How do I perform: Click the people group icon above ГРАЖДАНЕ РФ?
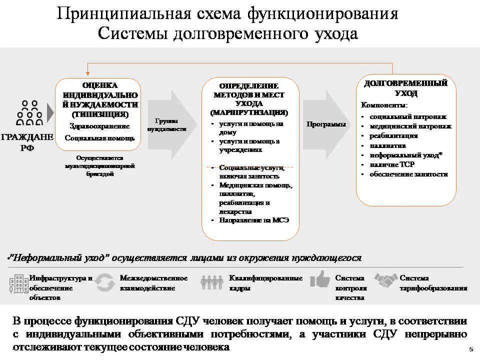[x=29, y=112]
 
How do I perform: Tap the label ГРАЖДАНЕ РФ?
[x=26, y=142]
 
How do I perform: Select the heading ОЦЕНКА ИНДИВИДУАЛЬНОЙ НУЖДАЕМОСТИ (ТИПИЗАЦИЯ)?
[x=100, y=99]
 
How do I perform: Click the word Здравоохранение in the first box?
[x=99, y=126]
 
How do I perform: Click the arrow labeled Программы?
[x=325, y=124]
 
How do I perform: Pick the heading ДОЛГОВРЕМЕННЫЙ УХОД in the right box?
[x=405, y=88]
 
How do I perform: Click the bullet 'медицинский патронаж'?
[x=410, y=126]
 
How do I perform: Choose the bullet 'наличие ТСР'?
[x=392, y=164]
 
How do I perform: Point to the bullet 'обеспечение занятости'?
[x=408, y=174]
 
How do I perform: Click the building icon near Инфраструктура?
[x=18, y=283]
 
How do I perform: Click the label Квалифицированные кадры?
[x=265, y=283]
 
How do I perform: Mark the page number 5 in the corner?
[x=471, y=349]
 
